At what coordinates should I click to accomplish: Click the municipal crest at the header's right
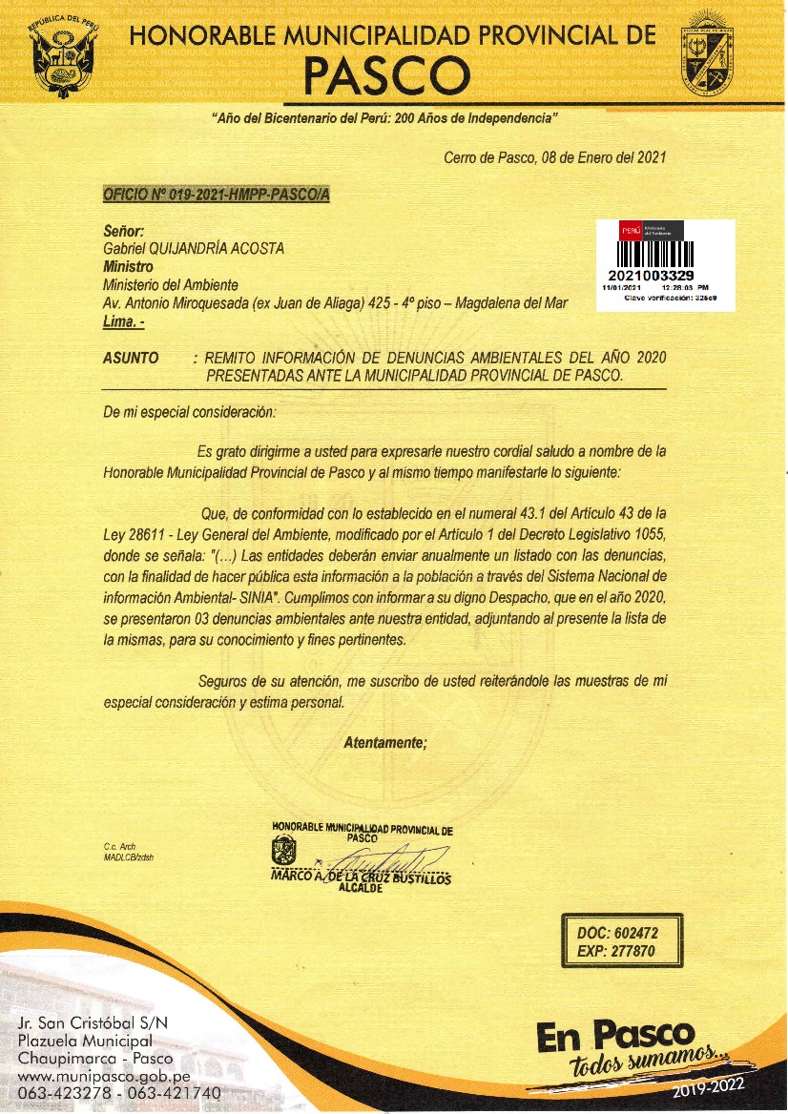pos(707,60)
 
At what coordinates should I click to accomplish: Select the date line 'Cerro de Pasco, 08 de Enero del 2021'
pos(554,157)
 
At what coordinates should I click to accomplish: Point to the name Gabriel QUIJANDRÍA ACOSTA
pos(194,249)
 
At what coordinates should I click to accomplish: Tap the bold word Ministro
pos(128,267)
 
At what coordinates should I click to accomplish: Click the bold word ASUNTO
pos(131,358)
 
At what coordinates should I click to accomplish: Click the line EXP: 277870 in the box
pos(617,951)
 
